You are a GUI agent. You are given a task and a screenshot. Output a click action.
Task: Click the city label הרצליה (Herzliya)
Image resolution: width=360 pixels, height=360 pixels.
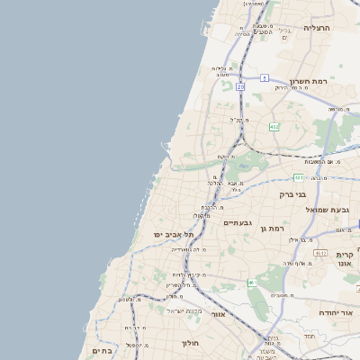coord(318,28)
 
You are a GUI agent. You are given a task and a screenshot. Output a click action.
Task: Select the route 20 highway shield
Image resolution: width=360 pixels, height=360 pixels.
coord(240,86)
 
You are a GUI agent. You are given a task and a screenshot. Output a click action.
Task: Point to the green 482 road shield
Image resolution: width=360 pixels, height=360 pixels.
coord(274,126)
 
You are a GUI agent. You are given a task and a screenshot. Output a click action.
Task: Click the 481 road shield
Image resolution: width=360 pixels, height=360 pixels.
coord(297,178)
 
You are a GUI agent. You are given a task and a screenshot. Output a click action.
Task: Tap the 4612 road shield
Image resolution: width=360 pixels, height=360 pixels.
coord(319,254)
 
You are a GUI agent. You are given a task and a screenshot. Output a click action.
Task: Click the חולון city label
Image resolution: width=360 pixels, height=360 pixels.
coord(189,343)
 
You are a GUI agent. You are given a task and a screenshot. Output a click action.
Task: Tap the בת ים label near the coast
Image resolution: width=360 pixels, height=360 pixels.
coord(102,351)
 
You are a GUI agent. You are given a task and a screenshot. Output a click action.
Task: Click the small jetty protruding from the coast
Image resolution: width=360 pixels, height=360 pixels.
coord(166,143)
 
